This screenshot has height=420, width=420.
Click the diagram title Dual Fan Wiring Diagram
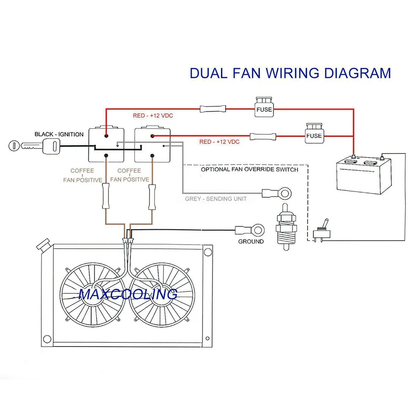(x=290, y=73)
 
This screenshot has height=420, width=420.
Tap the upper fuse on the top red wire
(x=264, y=107)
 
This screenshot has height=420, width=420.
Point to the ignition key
(x=34, y=146)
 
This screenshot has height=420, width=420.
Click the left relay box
(x=106, y=144)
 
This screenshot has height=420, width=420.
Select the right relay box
(x=152, y=144)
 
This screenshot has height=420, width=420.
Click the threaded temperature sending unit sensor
(x=286, y=227)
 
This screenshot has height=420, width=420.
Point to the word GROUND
(x=251, y=241)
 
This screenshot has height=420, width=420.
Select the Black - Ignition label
(x=59, y=134)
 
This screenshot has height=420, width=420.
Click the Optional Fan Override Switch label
(x=249, y=169)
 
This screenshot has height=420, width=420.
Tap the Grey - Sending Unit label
(x=216, y=199)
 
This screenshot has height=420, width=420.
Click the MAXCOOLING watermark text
(x=128, y=294)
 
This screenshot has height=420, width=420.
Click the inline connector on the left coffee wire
(x=106, y=196)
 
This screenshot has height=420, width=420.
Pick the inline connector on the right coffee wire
(x=152, y=197)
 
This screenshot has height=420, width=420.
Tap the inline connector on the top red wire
(x=213, y=109)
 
